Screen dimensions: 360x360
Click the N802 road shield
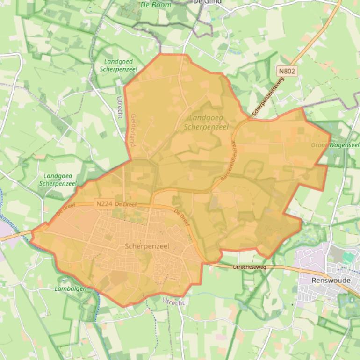tap(287, 71)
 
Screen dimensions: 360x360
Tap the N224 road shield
tap(103, 204)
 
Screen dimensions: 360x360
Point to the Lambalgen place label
tap(70, 289)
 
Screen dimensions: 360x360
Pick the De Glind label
tap(207, 2)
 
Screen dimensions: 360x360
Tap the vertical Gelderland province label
tap(133, 130)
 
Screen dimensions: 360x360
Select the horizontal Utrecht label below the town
tap(173, 302)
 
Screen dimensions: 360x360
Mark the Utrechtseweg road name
tap(249, 267)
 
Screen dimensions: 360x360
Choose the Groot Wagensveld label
tap(335, 145)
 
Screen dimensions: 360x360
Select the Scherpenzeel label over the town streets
tap(147, 246)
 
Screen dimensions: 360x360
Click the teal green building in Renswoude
tap(348, 258)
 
